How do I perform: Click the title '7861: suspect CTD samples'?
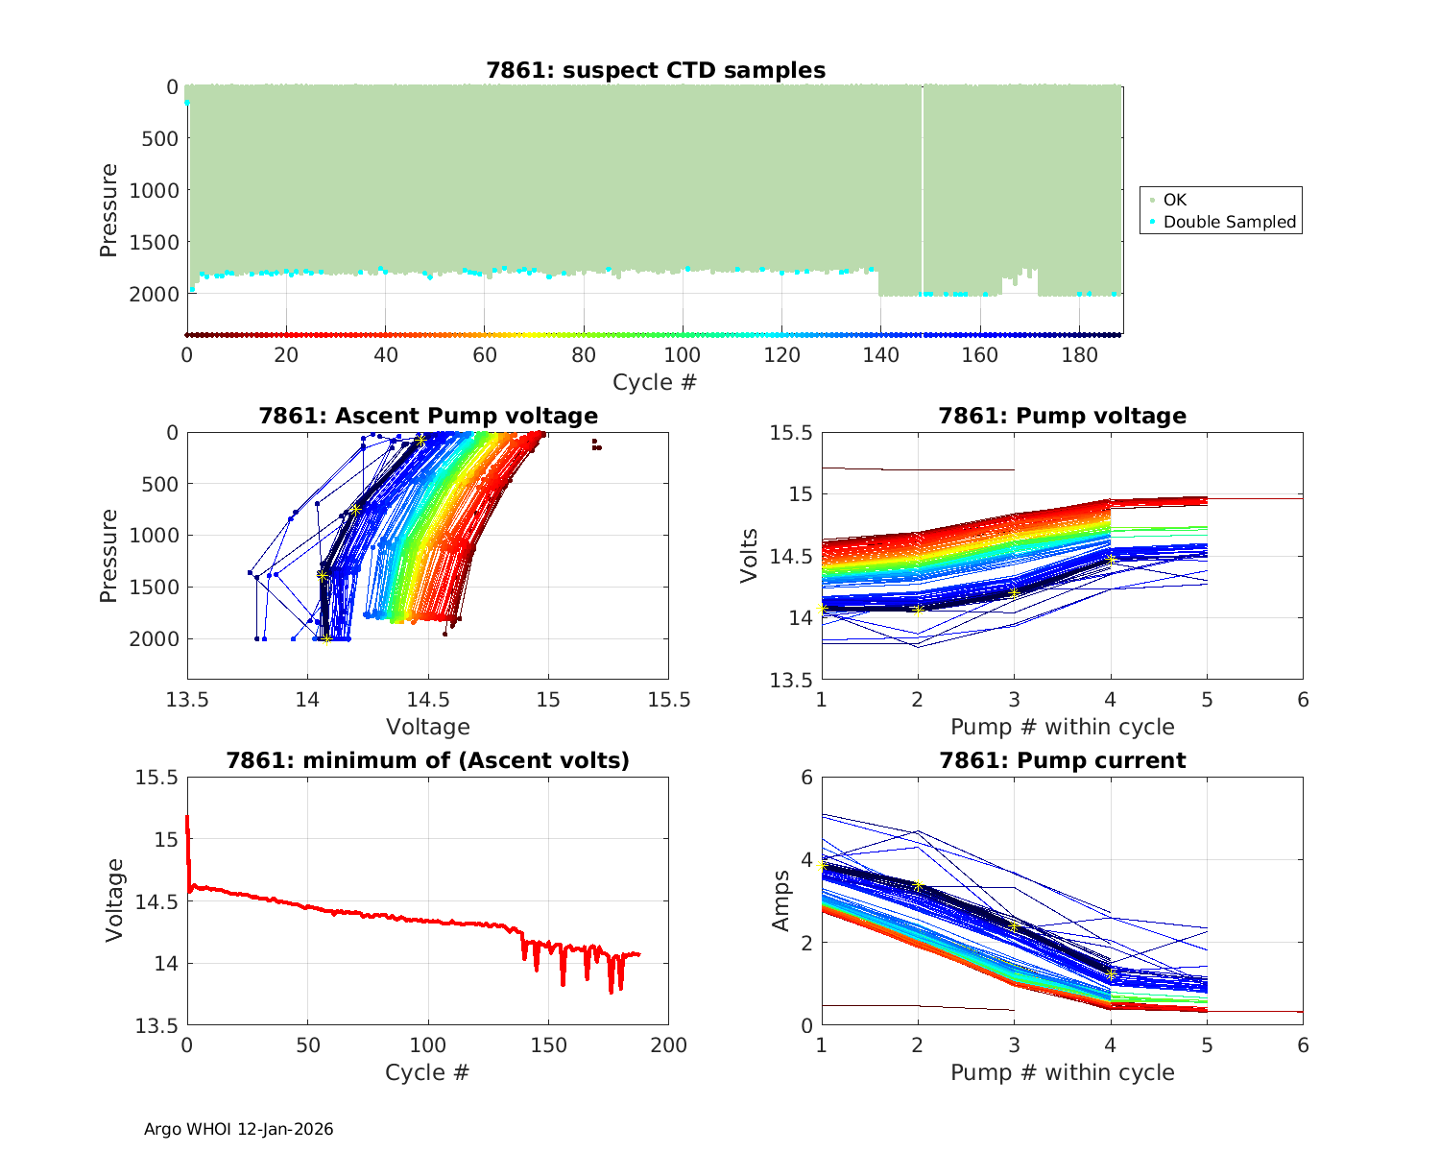coord(656,70)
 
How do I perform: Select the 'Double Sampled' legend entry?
coord(1229,222)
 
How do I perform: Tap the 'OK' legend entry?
coord(1175,200)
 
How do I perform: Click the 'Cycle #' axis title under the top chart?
coord(655,382)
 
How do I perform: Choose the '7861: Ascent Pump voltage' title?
coord(428,416)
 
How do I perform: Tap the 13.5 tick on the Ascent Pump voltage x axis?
coord(187,699)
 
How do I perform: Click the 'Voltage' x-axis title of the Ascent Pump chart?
coord(428,727)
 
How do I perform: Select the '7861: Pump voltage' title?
coord(1062,416)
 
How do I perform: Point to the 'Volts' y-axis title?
coord(750,556)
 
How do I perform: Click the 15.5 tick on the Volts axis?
coord(791,433)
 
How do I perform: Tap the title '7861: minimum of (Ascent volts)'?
coord(428,760)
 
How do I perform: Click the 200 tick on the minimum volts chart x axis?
coord(669,1044)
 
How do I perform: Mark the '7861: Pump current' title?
coord(1062,760)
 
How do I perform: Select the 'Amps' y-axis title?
coord(780,900)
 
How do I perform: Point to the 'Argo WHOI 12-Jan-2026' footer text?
coord(239,1129)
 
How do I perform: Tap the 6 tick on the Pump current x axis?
coord(1303,1044)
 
